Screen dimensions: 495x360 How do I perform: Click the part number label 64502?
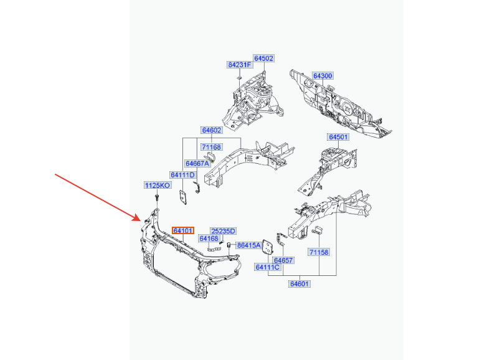tap(264, 59)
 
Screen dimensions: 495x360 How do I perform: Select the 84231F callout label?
tap(240, 65)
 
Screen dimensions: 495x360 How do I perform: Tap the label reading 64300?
tap(323, 76)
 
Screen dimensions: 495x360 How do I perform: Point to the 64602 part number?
tap(212, 130)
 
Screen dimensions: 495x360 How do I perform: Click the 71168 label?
tap(212, 147)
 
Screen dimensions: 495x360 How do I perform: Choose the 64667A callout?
tap(197, 163)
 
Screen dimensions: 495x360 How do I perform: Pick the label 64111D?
tap(182, 175)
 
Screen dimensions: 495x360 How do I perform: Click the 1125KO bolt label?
tap(158, 186)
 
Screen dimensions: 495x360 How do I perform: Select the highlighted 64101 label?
tap(183, 230)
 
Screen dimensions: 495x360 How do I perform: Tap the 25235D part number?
tap(223, 231)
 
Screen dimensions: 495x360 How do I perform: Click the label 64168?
tap(209, 239)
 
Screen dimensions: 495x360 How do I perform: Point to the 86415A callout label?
tap(250, 245)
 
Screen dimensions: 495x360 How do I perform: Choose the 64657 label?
tap(283, 260)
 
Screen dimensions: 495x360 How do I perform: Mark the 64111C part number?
tap(268, 267)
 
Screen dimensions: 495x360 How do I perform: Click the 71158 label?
tap(319, 252)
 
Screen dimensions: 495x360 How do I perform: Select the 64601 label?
tap(299, 284)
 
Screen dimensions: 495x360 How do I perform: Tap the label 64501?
tap(338, 137)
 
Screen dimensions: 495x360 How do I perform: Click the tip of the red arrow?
tap(140, 220)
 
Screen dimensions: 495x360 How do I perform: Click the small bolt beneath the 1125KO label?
tap(156, 199)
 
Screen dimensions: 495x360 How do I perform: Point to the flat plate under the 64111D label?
tap(183, 197)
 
